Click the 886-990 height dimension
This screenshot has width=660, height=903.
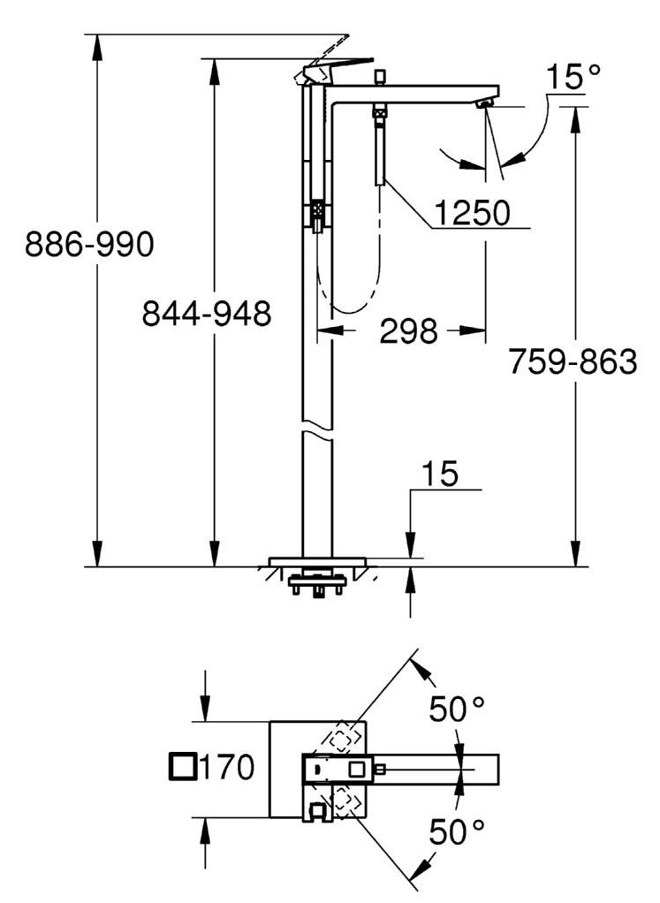[x=90, y=244]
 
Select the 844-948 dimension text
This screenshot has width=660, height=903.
[x=207, y=314]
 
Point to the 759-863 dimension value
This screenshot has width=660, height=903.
[x=573, y=361]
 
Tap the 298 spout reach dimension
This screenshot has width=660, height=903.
[x=409, y=331]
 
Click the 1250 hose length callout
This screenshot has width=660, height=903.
[x=473, y=213]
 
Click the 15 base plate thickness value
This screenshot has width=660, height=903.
[x=440, y=474]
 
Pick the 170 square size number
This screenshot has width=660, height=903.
[x=226, y=767]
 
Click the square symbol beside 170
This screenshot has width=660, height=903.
[x=183, y=767]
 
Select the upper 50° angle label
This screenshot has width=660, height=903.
[x=457, y=709]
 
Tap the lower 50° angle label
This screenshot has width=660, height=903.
[x=457, y=831]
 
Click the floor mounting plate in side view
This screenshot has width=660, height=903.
[x=317, y=562]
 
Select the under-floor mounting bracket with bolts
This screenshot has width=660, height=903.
[x=317, y=583]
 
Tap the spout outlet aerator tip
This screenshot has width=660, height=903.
[x=486, y=103]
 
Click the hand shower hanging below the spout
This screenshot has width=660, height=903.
[x=379, y=144]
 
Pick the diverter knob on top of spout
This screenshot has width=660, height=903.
[x=380, y=78]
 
